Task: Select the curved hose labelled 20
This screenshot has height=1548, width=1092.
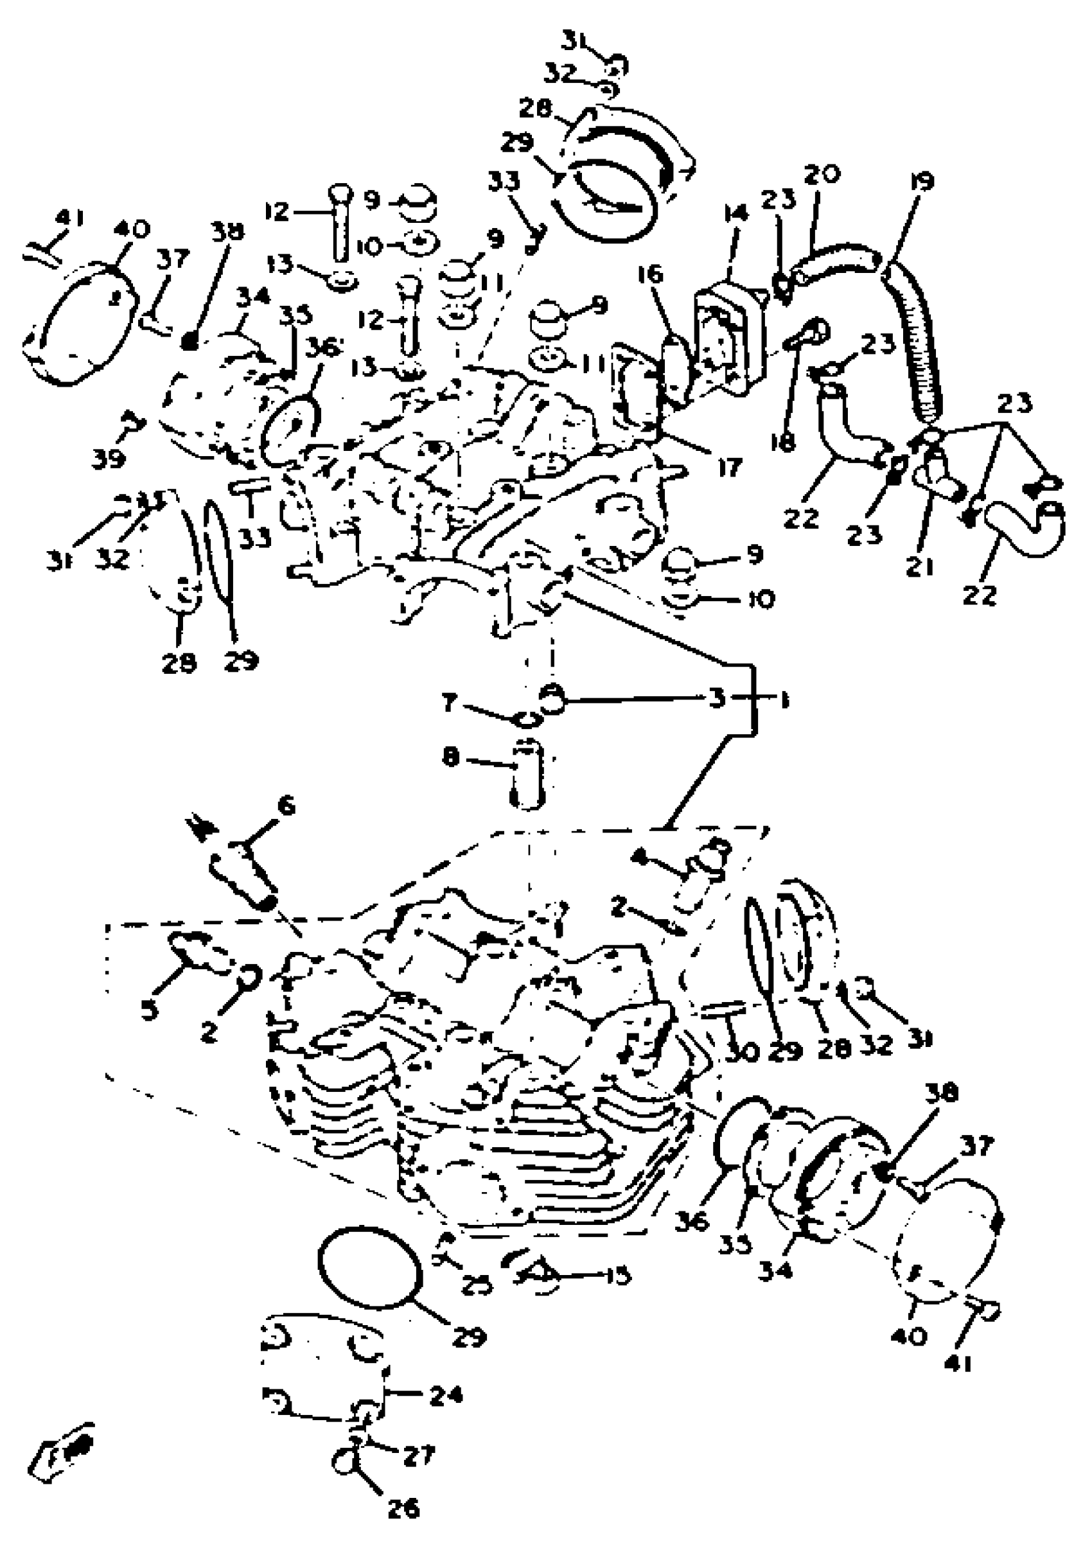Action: point(836,259)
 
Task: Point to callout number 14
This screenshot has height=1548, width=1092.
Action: point(736,215)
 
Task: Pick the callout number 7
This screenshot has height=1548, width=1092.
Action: point(449,704)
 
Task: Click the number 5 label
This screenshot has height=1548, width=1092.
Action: point(149,1008)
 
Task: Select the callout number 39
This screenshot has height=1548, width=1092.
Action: point(109,459)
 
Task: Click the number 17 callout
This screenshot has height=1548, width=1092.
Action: point(729,466)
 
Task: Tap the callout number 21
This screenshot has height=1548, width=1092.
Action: point(919,568)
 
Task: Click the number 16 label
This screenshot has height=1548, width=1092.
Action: point(651,275)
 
